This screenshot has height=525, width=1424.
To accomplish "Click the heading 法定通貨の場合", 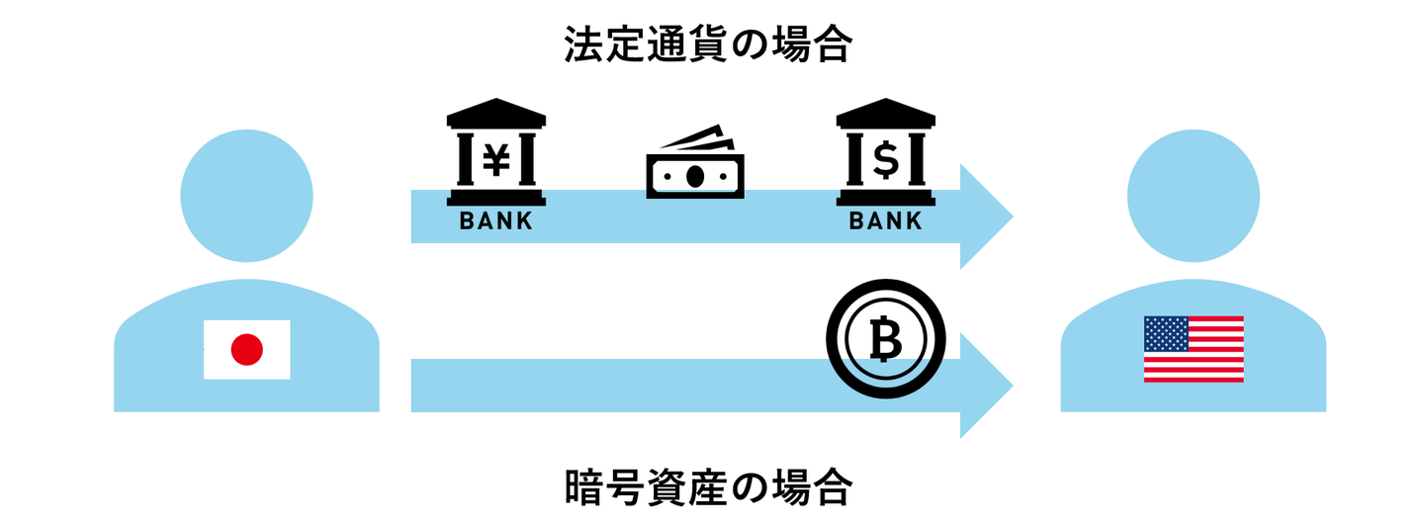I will (707, 44).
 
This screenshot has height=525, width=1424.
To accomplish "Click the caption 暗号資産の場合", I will (707, 486).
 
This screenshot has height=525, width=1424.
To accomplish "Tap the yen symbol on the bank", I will (495, 158).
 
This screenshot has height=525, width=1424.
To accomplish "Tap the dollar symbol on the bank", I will (885, 158).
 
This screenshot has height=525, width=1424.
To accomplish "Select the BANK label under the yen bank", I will (495, 221).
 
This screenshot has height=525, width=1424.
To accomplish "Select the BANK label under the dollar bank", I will (885, 221).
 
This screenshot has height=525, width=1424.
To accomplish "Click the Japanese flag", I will (246, 349).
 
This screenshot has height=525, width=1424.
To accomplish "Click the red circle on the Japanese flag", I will (246, 349).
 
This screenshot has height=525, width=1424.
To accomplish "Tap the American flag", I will (1193, 349).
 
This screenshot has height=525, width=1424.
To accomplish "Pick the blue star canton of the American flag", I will (1163, 332).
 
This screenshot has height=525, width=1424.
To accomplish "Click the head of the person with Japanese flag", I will (246, 196).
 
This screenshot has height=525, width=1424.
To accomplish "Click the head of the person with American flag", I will (1193, 196).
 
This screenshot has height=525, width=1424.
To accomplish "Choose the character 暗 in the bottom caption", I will (581, 486).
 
